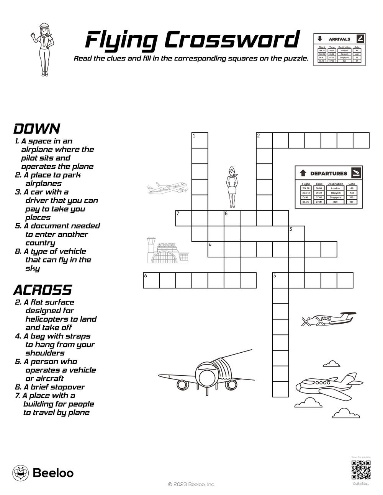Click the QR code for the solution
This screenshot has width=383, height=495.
pyautogui.click(x=361, y=470)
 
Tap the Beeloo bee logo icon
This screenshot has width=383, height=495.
pyautogui.click(x=20, y=473)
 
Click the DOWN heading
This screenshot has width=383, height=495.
pyautogui.click(x=37, y=129)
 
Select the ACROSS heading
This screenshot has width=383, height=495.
pyautogui.click(x=43, y=290)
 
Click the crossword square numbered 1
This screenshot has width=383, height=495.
pyautogui.click(x=200, y=140)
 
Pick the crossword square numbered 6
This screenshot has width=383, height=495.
pyautogui.click(x=151, y=280)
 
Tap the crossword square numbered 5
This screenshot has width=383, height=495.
pyautogui.click(x=280, y=280)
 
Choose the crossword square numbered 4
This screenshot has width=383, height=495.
pyautogui.click(x=216, y=249)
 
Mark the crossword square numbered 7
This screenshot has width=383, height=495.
pyautogui.click(x=183, y=218)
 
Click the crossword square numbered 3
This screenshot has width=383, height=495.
pyautogui.click(x=296, y=233)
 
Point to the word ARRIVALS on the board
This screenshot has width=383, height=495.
pyautogui.click(x=339, y=39)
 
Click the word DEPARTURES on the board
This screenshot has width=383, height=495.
pyautogui.click(x=328, y=173)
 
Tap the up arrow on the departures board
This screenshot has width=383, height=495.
pyautogui.click(x=303, y=173)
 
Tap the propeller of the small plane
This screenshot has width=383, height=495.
pyautogui.click(x=307, y=321)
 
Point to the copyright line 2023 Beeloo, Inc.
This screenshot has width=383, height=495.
pyautogui.click(x=191, y=484)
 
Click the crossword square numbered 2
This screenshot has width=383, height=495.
pyautogui.click(x=264, y=140)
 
